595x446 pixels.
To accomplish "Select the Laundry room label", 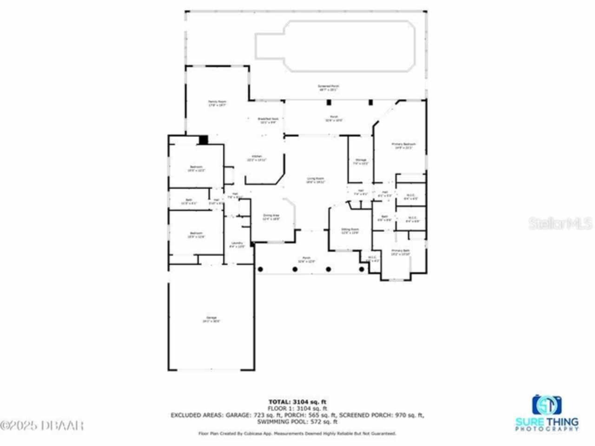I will tap(238, 245).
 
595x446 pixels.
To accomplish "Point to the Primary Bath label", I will tap(400, 252).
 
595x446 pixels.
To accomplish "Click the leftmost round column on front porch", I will tap(260, 269).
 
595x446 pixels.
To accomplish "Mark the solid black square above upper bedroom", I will tap(203, 139).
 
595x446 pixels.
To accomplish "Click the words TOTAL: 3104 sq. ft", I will tap(300, 401).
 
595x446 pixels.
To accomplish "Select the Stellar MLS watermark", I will tap(561, 223).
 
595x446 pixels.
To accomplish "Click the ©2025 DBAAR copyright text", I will tap(42, 425).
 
